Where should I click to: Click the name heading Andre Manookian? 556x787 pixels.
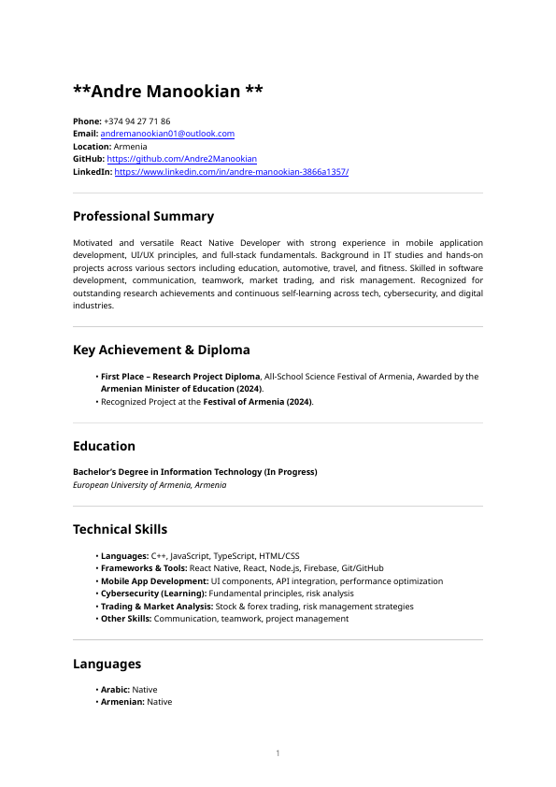pos(168,92)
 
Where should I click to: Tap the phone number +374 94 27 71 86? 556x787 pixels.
pos(136,122)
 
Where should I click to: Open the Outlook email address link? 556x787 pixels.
pos(167,135)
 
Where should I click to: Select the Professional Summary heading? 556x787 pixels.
pos(143,216)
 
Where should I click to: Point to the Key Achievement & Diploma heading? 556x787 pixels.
pos(162,350)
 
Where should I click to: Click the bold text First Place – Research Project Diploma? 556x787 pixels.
pos(180,377)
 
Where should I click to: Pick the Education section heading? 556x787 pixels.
pos(104,446)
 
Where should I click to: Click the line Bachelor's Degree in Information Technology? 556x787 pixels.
pos(194,472)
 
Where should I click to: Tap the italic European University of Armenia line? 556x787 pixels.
pos(150,485)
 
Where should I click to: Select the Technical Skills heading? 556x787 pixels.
pos(120,530)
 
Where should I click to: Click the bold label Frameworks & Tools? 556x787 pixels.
pos(144,568)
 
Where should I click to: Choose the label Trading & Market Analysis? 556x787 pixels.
pos(156,607)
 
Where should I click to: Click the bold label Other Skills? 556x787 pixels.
pos(126,619)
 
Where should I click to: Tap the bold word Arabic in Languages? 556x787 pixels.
pos(115,690)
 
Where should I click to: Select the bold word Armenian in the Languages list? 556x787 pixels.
pos(122,702)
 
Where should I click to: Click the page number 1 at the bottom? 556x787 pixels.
pos(278,753)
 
